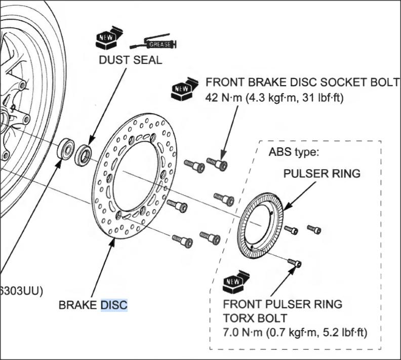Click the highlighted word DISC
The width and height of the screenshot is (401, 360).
114,305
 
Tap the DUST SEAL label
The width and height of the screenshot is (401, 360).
130,60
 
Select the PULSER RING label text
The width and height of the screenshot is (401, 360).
322,174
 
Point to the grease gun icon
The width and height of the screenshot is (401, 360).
153,44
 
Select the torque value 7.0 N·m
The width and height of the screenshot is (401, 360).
242,333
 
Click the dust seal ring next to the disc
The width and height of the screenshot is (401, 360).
83,155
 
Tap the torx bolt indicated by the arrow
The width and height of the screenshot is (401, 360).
295,263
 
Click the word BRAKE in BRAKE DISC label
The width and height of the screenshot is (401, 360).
78,305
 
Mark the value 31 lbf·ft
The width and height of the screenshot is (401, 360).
324,98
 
